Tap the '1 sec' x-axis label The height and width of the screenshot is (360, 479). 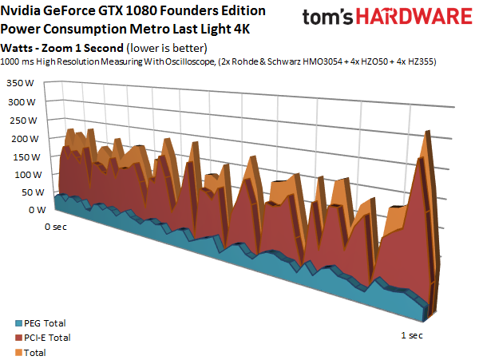410,335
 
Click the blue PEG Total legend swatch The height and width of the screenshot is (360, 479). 7,324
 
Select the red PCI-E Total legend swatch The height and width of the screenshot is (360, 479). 7,338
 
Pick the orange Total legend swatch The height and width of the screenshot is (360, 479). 7,350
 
